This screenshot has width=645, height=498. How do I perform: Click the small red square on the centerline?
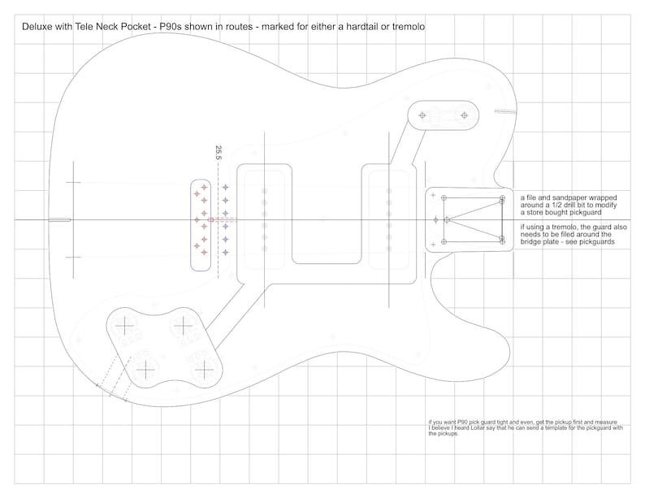210,220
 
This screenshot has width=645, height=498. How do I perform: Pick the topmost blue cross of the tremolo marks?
225,188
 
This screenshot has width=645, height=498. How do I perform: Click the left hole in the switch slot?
422,115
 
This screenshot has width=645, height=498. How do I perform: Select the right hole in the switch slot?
465,115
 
